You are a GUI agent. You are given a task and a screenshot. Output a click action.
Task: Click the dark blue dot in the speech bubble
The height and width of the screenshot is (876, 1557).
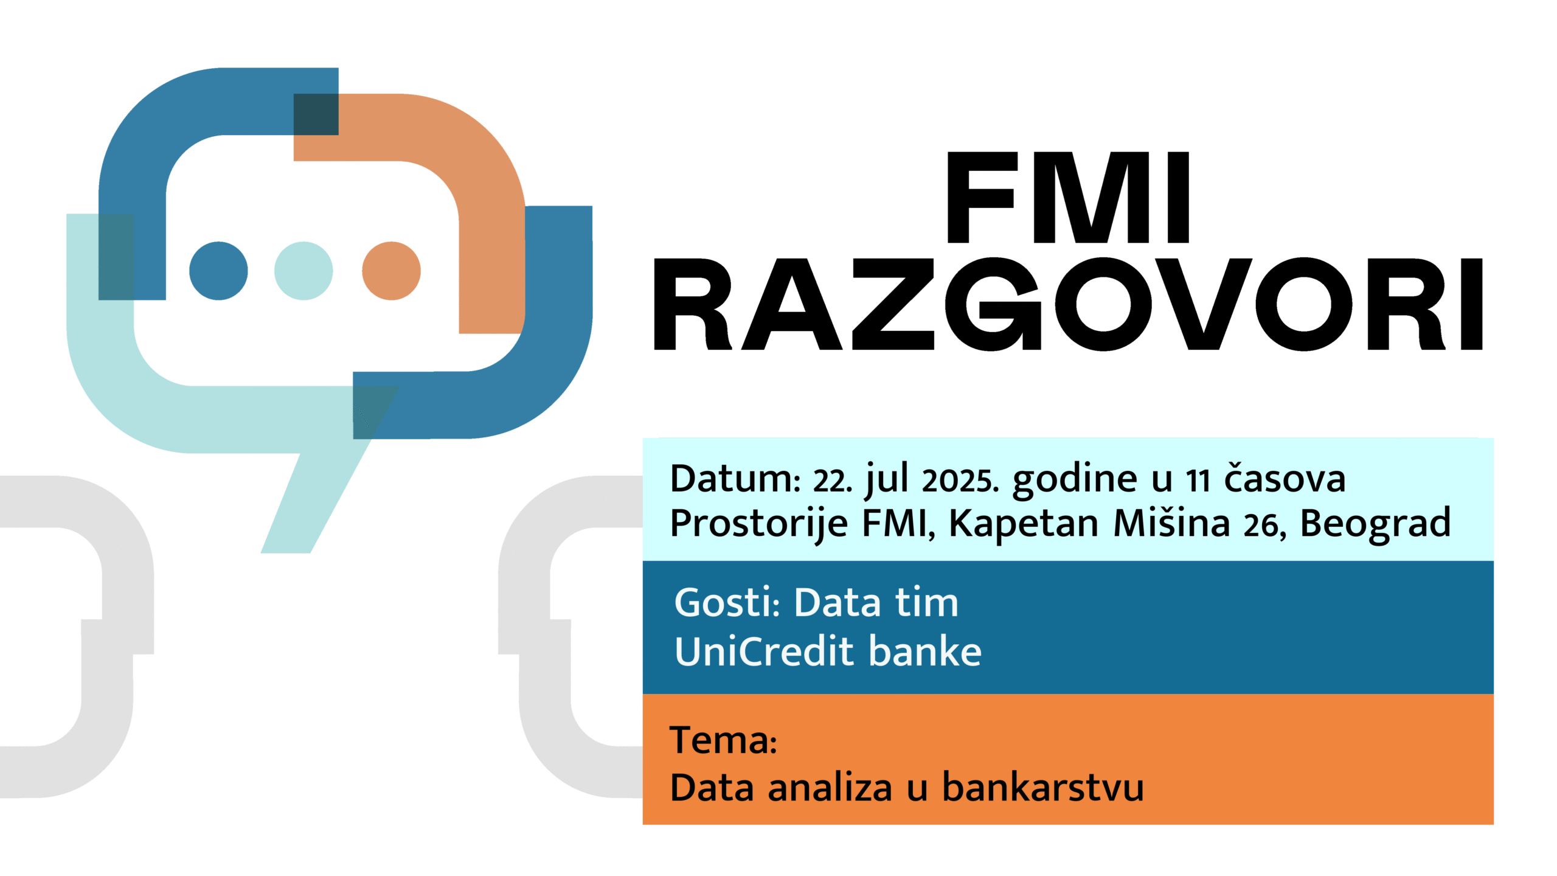coord(218,271)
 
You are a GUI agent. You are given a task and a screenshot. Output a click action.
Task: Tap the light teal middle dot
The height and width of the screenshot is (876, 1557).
coord(303,271)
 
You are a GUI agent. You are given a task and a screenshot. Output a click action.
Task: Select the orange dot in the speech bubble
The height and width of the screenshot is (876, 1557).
coord(391,271)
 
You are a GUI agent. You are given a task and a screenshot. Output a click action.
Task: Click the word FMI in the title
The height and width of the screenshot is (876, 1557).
coord(1068,198)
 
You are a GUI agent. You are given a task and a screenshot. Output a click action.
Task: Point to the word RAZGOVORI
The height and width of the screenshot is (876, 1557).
coord(1068,305)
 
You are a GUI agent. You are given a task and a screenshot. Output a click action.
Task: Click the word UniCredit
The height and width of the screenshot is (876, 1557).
coord(766,652)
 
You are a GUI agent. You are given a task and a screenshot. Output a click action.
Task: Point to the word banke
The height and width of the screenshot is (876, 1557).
coord(925,652)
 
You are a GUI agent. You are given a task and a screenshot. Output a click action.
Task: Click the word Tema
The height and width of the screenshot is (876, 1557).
coord(723,740)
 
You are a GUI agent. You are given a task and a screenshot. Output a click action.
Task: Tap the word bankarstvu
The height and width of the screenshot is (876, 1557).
coord(1043,787)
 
